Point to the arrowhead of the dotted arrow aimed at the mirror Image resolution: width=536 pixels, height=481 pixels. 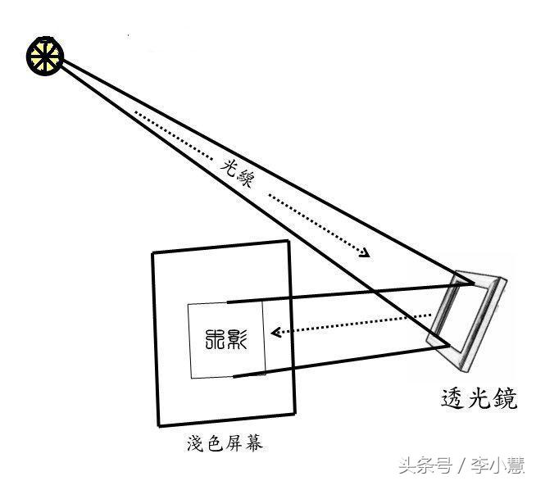click(363, 253)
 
